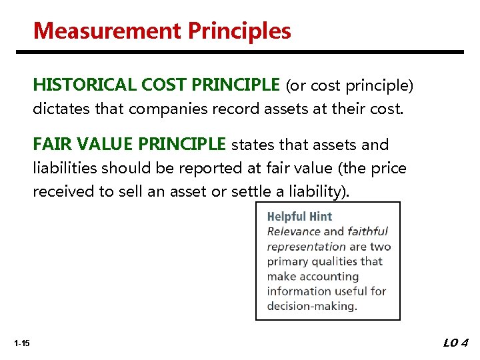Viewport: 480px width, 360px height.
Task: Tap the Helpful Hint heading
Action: pyautogui.click(x=299, y=216)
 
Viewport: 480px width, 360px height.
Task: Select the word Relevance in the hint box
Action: pyautogui.click(x=294, y=231)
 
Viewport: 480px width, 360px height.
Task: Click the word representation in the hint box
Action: pyautogui.click(x=306, y=247)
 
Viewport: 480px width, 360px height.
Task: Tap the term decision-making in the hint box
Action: pyautogui.click(x=312, y=306)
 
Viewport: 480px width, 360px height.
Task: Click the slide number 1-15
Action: pyautogui.click(x=21, y=343)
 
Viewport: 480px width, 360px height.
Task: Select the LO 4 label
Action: pyautogui.click(x=456, y=343)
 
